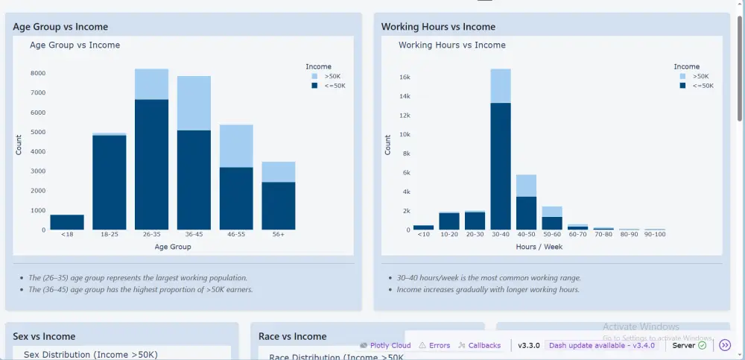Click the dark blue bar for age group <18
coord(67,222)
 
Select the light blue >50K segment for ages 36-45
coord(194,103)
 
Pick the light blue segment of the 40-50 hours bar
coord(526,186)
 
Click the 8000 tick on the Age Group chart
coord(38,73)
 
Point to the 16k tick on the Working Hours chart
coord(405,77)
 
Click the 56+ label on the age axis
coord(279,234)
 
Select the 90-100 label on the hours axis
coord(655,234)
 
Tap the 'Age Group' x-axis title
coord(172,247)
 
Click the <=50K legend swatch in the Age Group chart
coord(314,86)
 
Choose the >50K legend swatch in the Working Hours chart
coord(682,76)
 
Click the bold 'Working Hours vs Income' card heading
coord(438,27)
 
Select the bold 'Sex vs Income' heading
coord(44,337)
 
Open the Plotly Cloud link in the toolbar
coord(385,345)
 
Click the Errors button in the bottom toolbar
coord(434,345)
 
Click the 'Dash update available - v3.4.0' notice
coord(601,345)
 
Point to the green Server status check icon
coord(702,345)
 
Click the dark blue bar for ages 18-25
coord(109,183)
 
